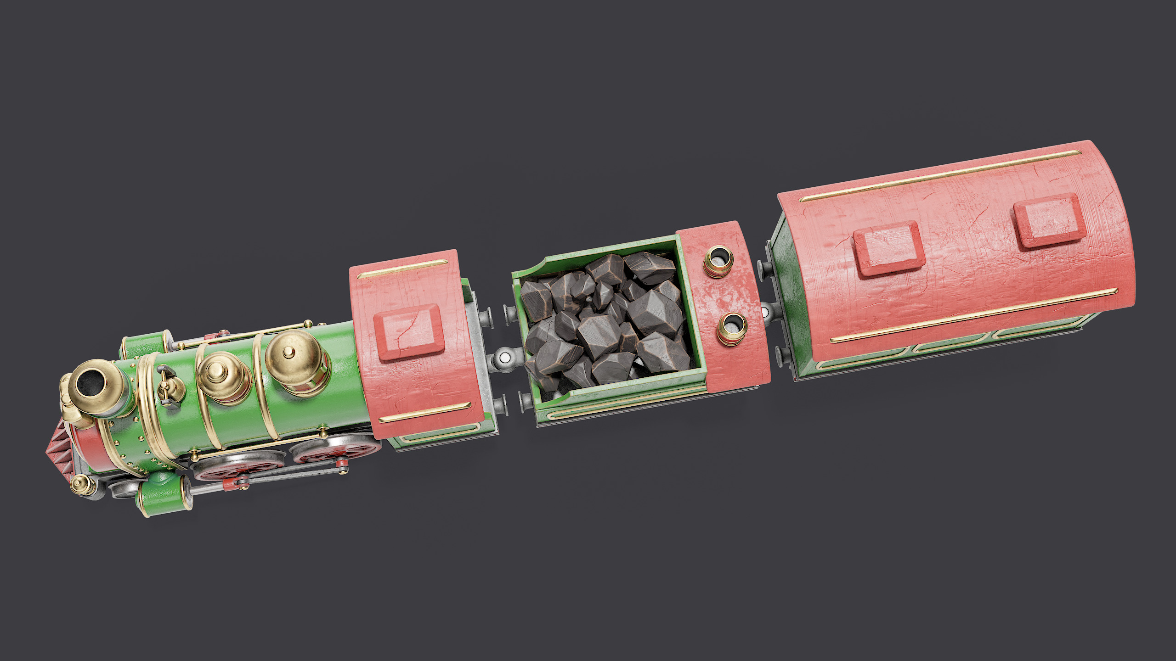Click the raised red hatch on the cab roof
408,331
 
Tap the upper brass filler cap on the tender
718,261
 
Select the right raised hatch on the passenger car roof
1049,220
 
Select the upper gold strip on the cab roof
402,269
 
